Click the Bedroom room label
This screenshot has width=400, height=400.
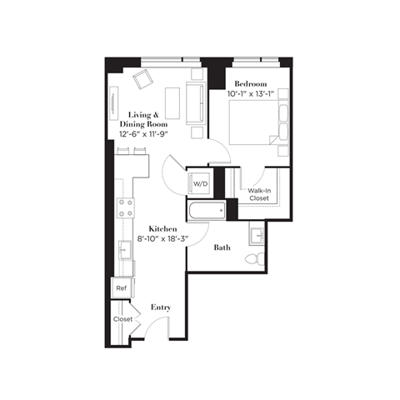coord(250,84)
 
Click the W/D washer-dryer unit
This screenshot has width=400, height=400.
coord(200,183)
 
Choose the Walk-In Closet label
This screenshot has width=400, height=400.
coord(259,195)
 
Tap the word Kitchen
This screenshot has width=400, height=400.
coord(164,228)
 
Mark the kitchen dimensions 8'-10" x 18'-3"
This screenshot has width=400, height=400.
coord(164,239)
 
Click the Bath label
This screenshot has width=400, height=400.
coord(222,247)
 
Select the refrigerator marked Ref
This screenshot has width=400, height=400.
coord(122,287)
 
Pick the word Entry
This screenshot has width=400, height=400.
coord(161,307)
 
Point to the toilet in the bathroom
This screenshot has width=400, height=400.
coord(255,258)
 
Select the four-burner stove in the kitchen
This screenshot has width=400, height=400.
coord(126,207)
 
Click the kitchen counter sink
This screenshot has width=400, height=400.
coord(123,248)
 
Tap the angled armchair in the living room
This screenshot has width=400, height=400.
coord(142,80)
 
